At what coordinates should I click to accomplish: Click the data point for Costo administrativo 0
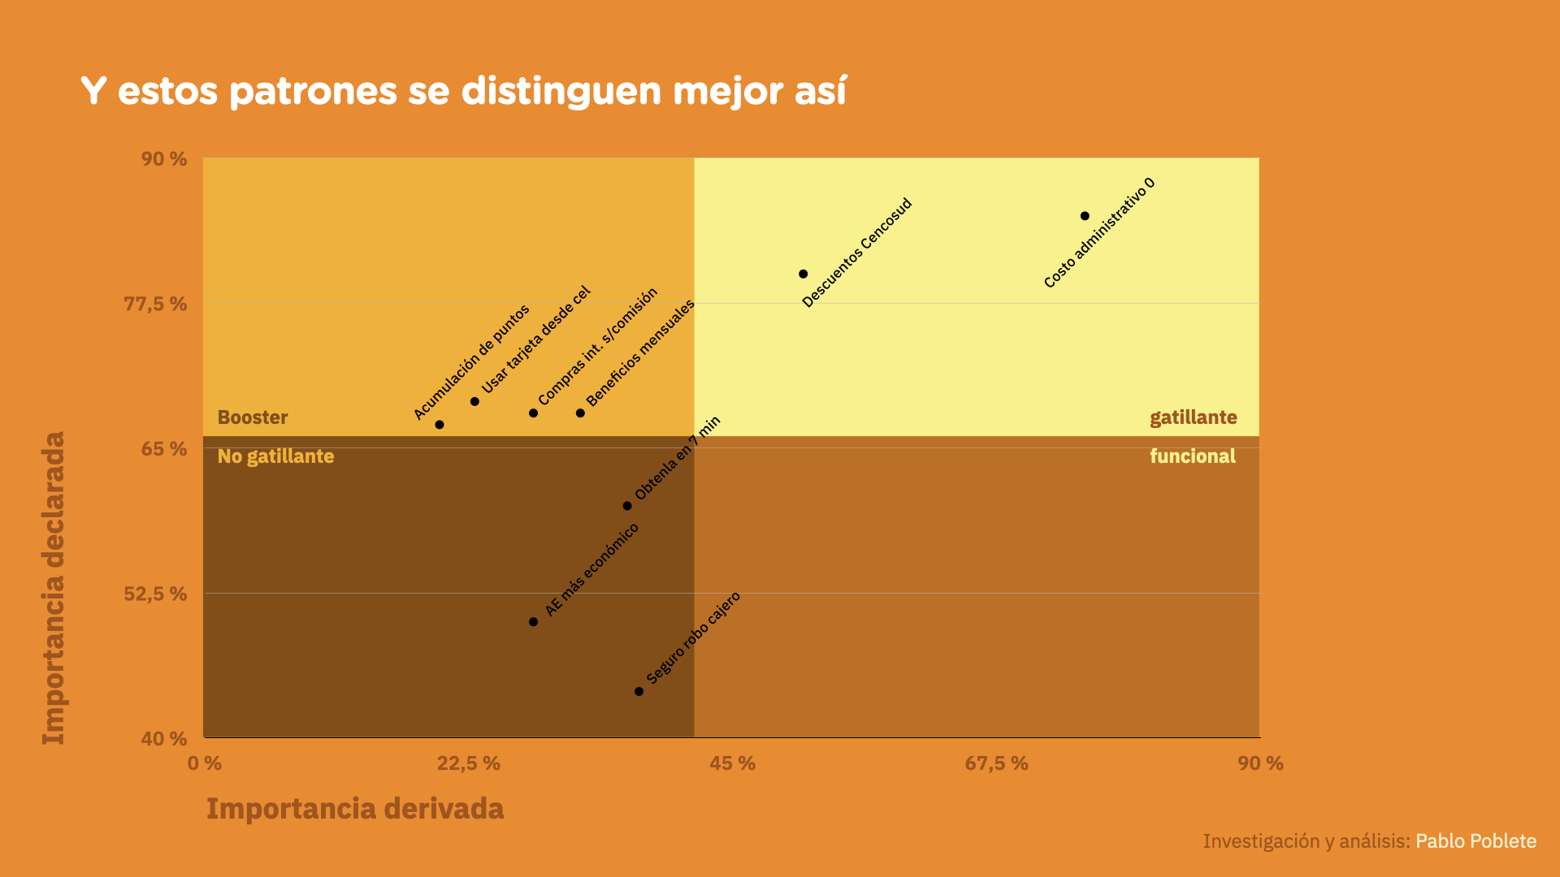[x=1085, y=216]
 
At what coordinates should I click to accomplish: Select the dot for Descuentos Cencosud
[x=803, y=274]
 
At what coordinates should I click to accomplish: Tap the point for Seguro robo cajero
[x=639, y=692]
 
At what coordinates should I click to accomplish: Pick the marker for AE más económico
[x=533, y=622]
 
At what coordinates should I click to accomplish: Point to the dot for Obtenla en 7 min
[x=627, y=506]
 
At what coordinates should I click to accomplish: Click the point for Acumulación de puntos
[x=440, y=425]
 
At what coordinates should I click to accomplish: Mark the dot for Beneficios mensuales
[x=580, y=413]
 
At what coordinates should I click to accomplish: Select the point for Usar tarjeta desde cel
[x=474, y=401]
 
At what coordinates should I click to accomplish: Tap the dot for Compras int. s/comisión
[x=533, y=413]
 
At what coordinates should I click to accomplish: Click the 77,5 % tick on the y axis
[x=155, y=304]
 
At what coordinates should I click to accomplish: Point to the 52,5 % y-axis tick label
[x=155, y=594]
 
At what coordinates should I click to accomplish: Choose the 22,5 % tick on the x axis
[x=468, y=763]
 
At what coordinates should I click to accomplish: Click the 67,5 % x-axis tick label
[x=996, y=763]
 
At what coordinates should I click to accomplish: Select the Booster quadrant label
[x=253, y=417]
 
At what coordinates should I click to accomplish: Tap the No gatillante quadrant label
[x=275, y=456]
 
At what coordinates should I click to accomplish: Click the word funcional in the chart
[x=1192, y=456]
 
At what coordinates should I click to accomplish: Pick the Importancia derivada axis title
[x=355, y=809]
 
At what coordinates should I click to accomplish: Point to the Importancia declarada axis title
[x=54, y=588]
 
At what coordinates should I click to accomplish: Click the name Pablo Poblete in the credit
[x=1475, y=841]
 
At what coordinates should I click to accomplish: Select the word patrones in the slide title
[x=313, y=91]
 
